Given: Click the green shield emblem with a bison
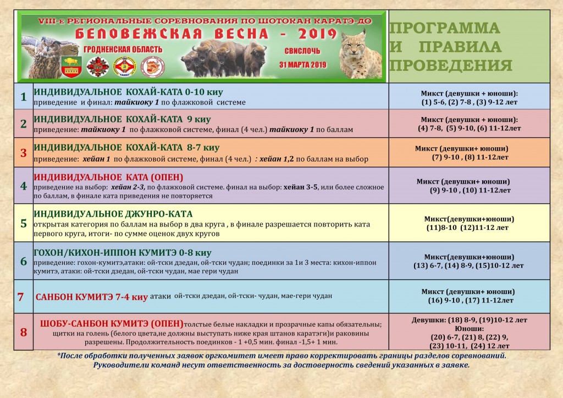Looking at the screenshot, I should click(71, 65).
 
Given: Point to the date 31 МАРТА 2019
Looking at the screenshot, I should click(302, 64).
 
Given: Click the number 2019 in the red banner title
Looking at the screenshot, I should click(310, 34).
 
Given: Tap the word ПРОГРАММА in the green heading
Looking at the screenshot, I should click(445, 28).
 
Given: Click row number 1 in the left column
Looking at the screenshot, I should click(23, 97).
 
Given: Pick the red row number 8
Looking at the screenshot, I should click(23, 332).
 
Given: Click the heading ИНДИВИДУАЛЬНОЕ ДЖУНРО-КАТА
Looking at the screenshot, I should click(113, 214).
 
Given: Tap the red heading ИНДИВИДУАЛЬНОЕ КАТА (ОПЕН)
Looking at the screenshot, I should click(108, 177).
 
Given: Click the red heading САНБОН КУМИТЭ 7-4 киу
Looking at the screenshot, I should click(92, 297).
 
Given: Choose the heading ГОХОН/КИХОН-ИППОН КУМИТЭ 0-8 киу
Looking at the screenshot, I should click(123, 253).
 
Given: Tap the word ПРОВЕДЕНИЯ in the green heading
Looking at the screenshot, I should click(451, 65).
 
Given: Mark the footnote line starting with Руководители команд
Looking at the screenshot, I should click(281, 364).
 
